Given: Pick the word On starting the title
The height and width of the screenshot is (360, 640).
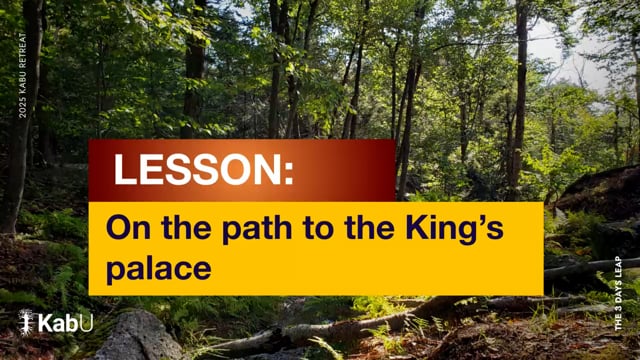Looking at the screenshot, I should pyautogui.click(x=128, y=228).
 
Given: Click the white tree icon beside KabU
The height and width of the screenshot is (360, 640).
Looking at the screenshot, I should pyautogui.click(x=27, y=322).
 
